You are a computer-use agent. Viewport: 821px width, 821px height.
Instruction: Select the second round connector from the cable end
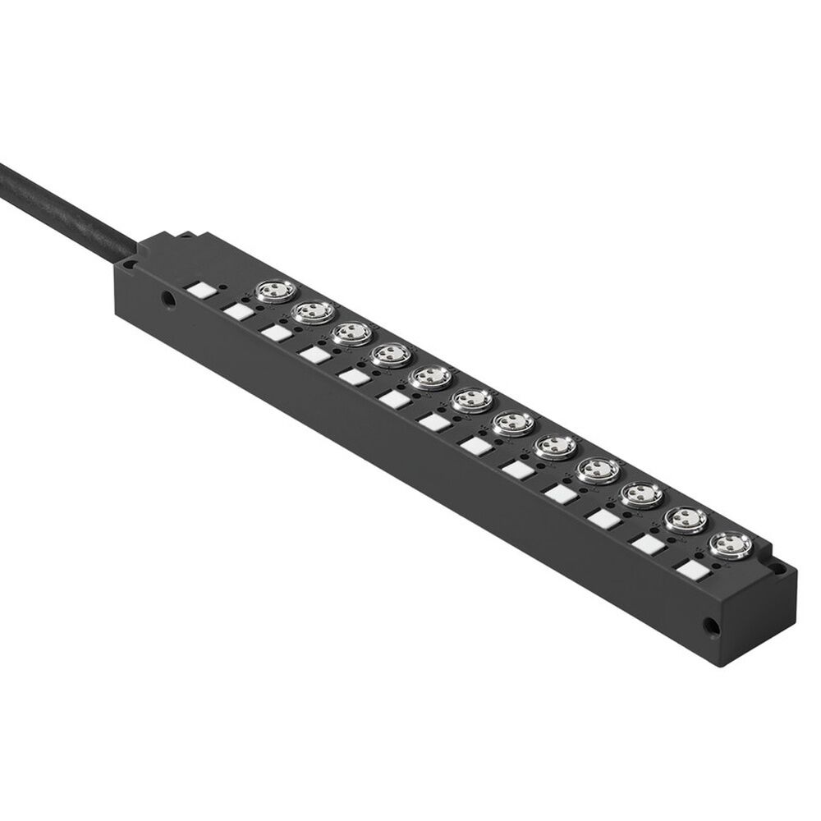[x=311, y=311]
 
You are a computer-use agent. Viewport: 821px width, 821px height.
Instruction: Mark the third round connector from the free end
[x=639, y=494]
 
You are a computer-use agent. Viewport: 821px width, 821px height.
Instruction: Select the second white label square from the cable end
[x=238, y=311]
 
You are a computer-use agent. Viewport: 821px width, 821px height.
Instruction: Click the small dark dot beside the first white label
[x=223, y=287]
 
